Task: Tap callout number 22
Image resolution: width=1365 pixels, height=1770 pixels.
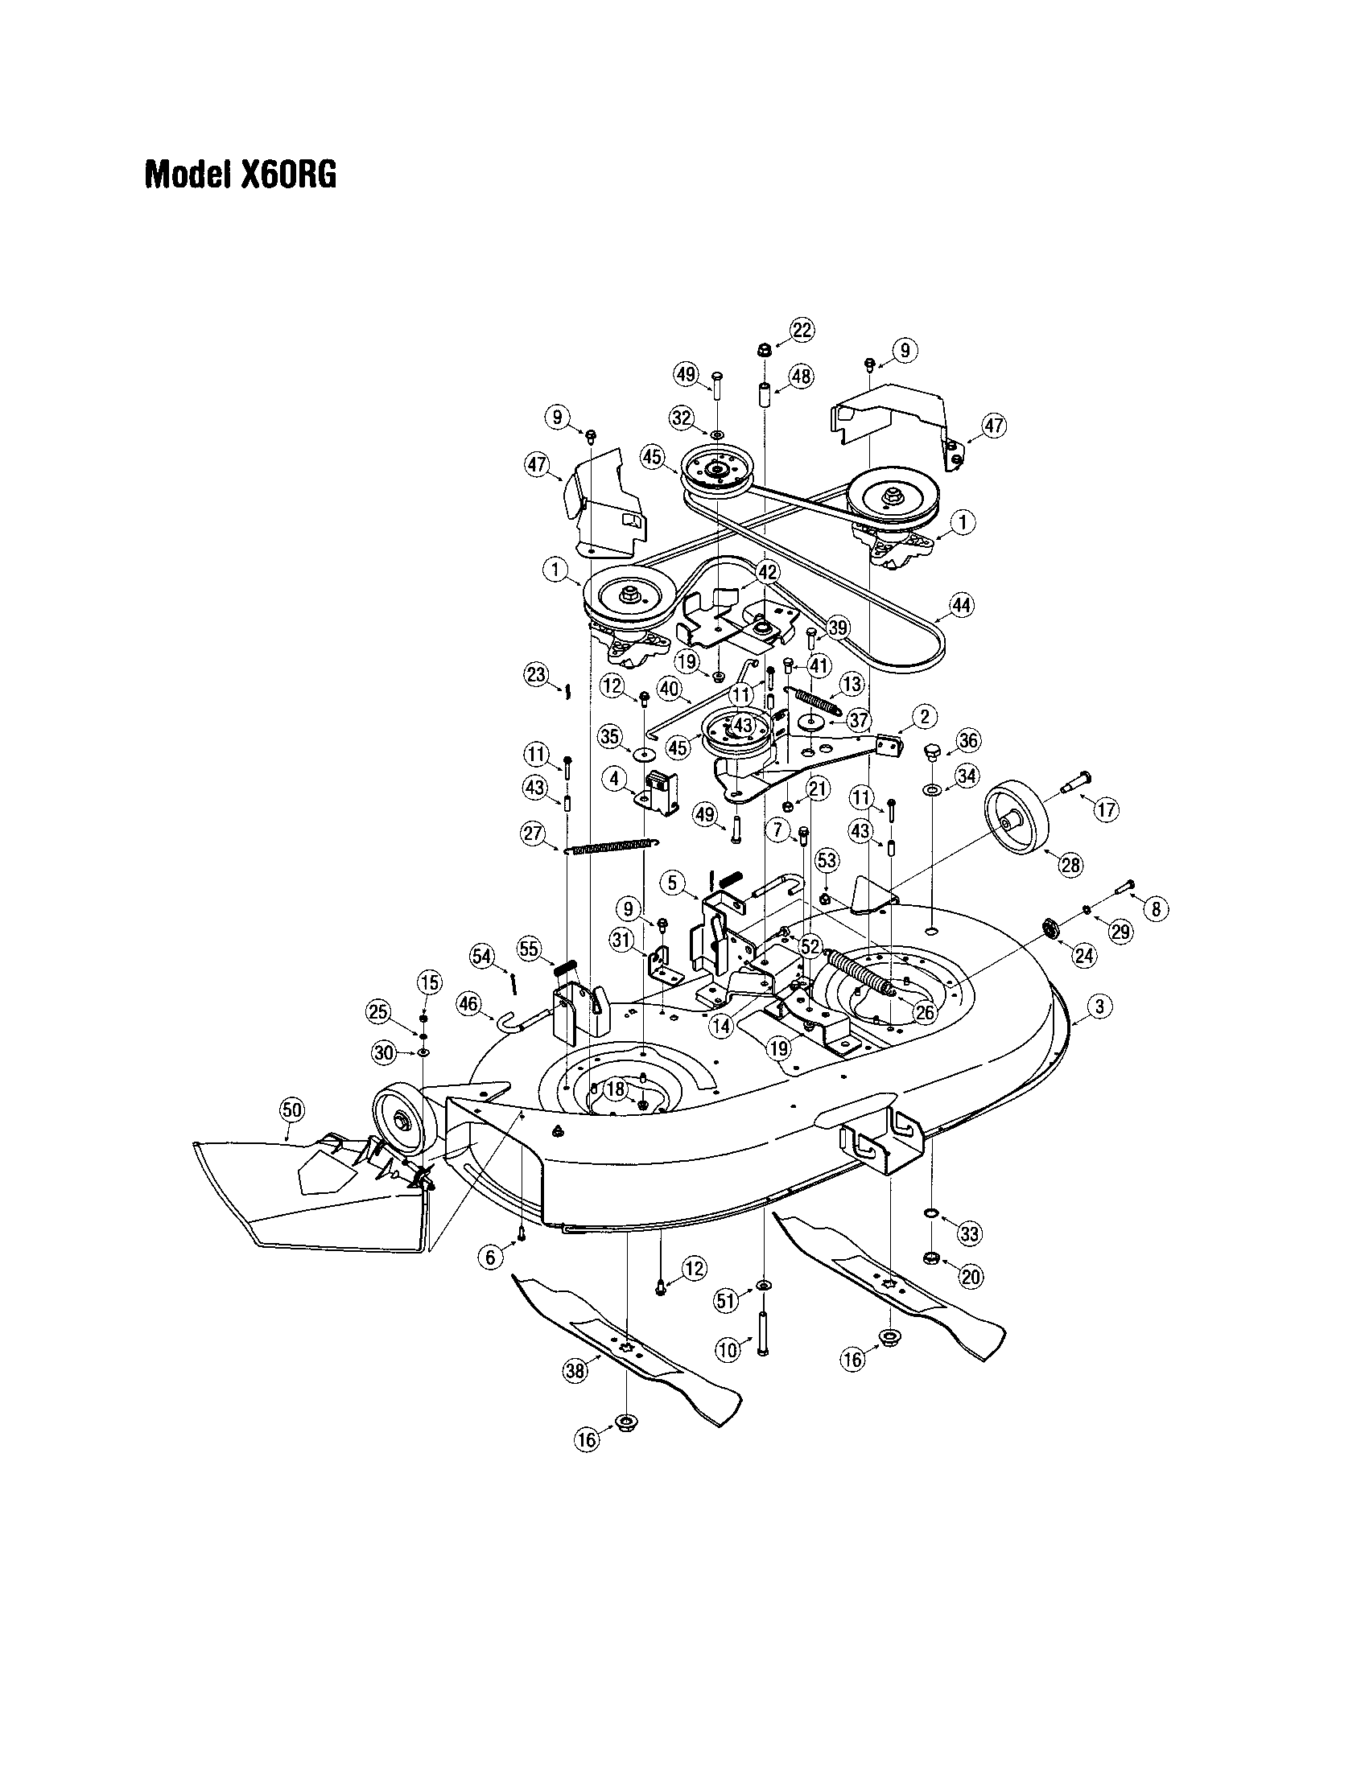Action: click(802, 330)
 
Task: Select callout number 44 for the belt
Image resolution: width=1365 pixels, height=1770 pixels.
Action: click(961, 604)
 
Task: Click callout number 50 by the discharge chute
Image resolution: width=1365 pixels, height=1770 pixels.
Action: click(291, 1109)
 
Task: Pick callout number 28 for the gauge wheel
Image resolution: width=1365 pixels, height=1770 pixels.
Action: click(1070, 864)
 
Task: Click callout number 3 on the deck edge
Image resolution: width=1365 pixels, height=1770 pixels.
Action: click(1099, 1007)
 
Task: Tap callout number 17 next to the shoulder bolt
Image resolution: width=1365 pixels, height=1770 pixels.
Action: click(1107, 808)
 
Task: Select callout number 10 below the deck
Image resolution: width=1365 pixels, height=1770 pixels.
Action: click(728, 1349)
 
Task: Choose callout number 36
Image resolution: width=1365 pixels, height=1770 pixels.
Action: click(968, 740)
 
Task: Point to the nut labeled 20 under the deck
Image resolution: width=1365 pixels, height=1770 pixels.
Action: click(931, 1258)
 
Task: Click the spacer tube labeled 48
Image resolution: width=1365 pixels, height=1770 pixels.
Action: click(764, 396)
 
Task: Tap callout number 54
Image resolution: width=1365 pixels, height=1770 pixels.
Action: click(482, 957)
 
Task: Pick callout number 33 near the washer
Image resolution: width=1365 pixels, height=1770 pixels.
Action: click(969, 1234)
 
